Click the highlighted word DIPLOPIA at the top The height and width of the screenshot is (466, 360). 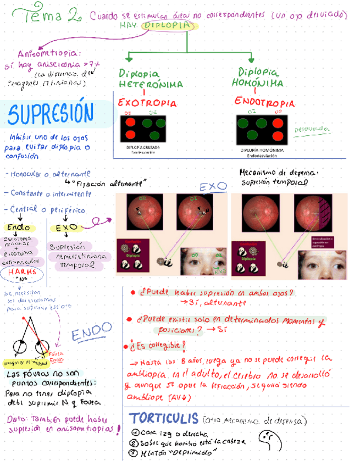tap(168, 25)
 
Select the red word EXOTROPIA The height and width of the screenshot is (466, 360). tap(147, 103)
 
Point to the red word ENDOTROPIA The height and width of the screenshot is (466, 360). tap(264, 103)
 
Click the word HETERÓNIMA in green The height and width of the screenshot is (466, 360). tap(151, 85)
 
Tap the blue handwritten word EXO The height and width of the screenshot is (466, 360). tap(212, 187)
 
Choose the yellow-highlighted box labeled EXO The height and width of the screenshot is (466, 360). tap(67, 228)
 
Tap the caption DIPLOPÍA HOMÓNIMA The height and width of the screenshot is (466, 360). tap(262, 149)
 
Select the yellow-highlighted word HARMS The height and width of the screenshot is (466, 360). tap(23, 271)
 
